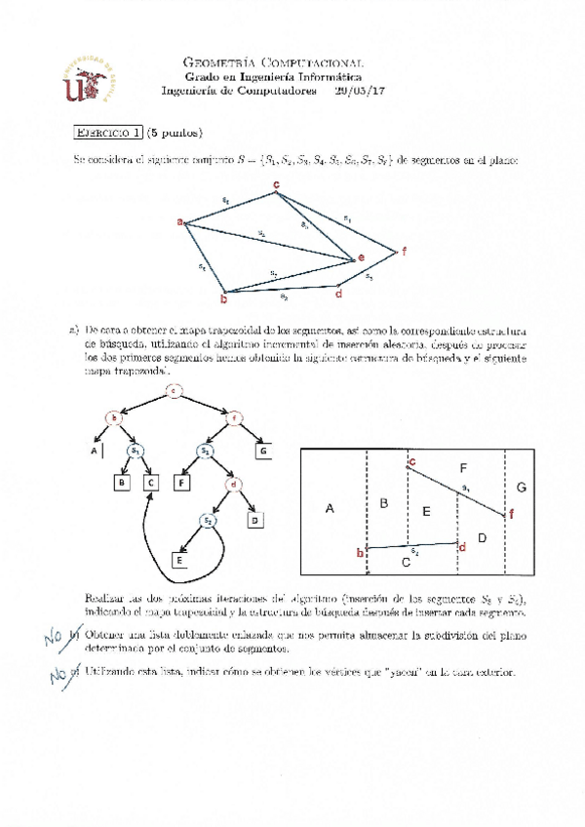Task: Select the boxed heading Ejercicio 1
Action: (108, 134)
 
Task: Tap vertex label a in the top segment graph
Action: (180, 222)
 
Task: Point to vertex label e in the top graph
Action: (361, 257)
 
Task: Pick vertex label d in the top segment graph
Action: (337, 293)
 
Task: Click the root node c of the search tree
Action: (175, 392)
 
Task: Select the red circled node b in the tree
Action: (115, 420)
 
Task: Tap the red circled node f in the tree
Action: (234, 420)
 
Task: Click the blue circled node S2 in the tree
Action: (208, 522)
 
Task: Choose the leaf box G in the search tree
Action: (263, 451)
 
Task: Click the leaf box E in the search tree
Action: (180, 560)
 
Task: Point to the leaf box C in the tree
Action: (150, 481)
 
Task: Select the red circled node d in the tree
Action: (233, 483)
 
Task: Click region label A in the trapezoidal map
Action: (330, 508)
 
